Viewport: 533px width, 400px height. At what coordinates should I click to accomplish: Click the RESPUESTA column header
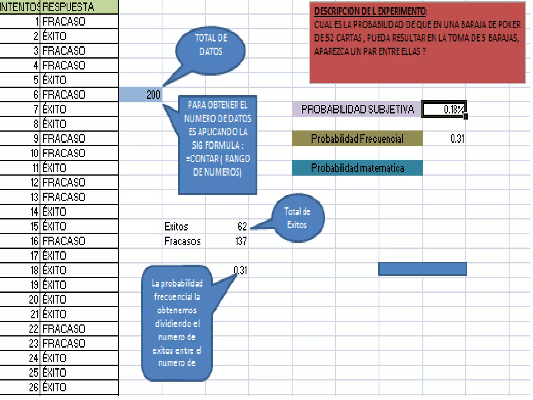pyautogui.click(x=68, y=7)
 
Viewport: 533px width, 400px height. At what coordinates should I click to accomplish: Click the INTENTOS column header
pyautogui.click(x=20, y=7)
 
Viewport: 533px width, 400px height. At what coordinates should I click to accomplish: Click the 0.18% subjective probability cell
pyautogui.click(x=444, y=109)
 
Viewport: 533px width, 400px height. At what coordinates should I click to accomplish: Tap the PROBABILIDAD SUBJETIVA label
pyautogui.click(x=357, y=109)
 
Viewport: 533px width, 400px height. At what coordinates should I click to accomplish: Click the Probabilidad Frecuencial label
pyautogui.click(x=357, y=139)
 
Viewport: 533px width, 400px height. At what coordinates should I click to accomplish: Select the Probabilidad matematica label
pyautogui.click(x=357, y=168)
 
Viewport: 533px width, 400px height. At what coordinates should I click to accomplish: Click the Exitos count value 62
pyautogui.click(x=242, y=226)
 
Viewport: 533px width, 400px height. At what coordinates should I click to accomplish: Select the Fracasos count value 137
pyautogui.click(x=241, y=241)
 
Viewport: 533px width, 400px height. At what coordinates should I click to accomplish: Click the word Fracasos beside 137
pyautogui.click(x=182, y=241)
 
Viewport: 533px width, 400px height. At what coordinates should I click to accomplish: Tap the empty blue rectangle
pyautogui.click(x=422, y=269)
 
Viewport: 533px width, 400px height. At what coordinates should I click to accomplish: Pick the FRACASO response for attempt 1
pyautogui.click(x=64, y=22)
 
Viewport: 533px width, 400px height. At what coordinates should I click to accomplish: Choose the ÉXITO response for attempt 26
pyautogui.click(x=54, y=387)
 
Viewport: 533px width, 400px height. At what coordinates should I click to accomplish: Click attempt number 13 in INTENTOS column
pyautogui.click(x=35, y=197)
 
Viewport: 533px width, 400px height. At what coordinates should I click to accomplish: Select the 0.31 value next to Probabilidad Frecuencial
pyautogui.click(x=457, y=139)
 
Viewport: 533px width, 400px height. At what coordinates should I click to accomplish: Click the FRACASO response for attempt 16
pyautogui.click(x=64, y=241)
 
